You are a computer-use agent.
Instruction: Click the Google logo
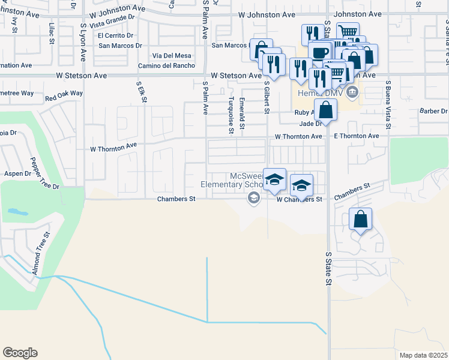click(x=20, y=353)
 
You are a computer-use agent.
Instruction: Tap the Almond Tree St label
click(x=40, y=256)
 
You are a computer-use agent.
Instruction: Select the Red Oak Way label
click(x=64, y=94)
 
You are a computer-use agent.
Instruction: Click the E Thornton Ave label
click(x=357, y=136)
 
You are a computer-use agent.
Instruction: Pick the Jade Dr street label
click(x=310, y=124)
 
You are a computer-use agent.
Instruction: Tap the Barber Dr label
click(x=433, y=111)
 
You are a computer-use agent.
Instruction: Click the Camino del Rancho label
click(x=164, y=65)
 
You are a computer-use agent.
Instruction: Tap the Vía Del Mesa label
click(x=175, y=56)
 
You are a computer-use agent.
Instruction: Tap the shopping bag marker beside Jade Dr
click(x=325, y=110)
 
